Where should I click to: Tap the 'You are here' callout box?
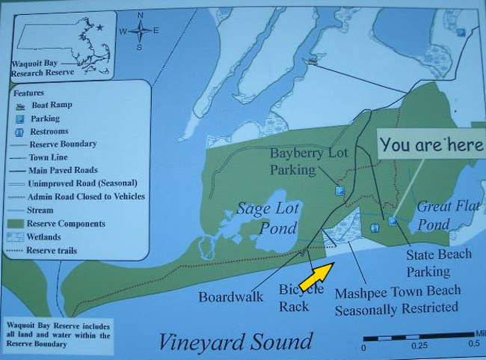click(431, 145)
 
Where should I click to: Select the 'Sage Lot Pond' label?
click(268, 217)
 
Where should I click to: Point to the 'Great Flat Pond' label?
click(444, 215)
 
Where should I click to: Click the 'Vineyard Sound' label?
click(235, 341)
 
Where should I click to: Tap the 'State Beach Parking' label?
click(439, 263)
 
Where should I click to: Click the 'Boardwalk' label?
click(230, 297)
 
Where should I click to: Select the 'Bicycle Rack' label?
click(301, 297)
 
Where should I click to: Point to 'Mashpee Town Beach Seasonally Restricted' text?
click(396, 299)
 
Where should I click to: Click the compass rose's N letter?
click(141, 15)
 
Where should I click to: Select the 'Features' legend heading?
click(28, 93)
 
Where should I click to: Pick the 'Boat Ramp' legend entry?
click(49, 106)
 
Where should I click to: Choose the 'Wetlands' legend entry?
click(45, 237)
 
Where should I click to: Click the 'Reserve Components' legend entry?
click(66, 224)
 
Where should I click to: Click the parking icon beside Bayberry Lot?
click(340, 190)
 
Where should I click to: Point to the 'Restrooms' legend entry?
click(51, 131)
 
